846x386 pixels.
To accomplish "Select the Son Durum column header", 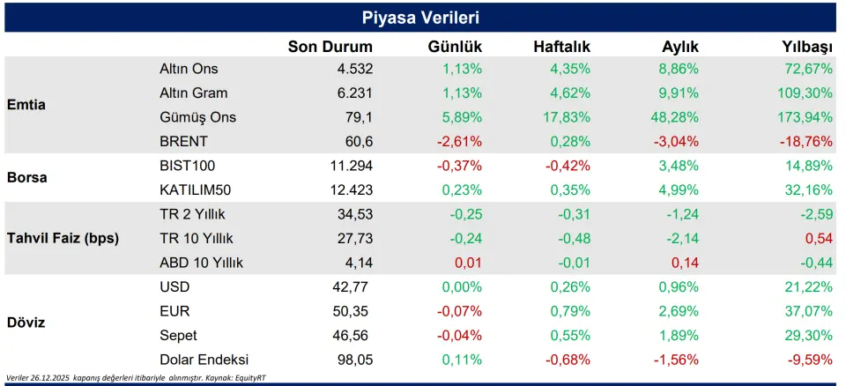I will (330, 47).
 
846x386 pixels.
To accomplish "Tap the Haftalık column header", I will (561, 47).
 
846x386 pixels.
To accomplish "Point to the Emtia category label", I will (26, 105).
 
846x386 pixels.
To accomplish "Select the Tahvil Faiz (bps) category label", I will (63, 238).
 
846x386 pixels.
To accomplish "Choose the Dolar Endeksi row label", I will (204, 359).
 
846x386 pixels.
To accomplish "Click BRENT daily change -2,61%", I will (460, 141).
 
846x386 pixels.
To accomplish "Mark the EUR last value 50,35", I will (354, 310).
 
